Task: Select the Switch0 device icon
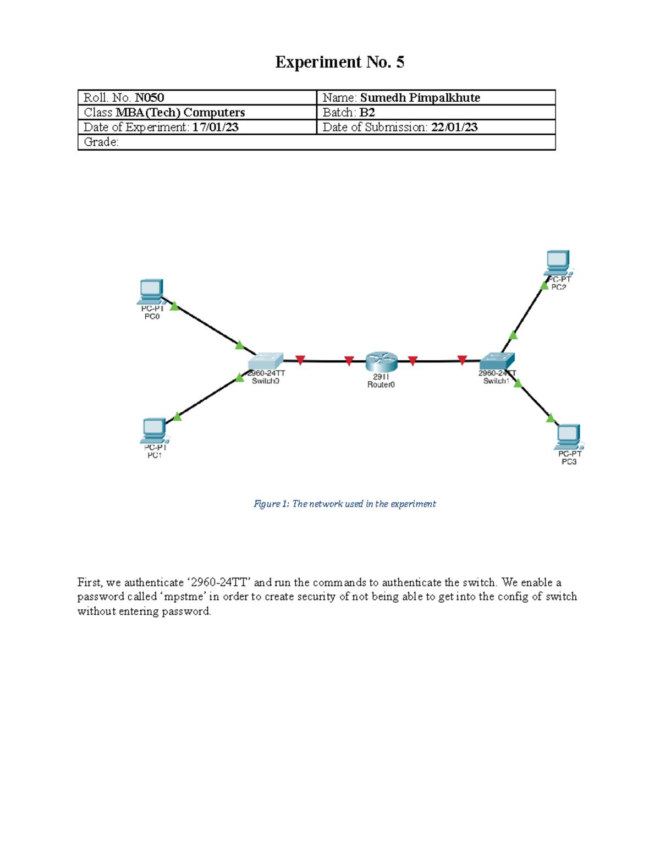coord(266,361)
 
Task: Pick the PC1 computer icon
coord(155,431)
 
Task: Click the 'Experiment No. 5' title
coord(339,62)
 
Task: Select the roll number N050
coord(150,98)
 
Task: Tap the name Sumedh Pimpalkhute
coord(420,98)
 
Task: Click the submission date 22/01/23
coord(454,127)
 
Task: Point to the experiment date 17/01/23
coord(215,127)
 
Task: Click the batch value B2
coord(367,113)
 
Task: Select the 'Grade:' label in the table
coord(101,142)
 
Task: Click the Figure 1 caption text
coord(344,504)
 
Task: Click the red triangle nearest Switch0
coord(300,360)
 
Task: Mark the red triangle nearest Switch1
coord(462,360)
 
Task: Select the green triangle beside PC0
coord(174,306)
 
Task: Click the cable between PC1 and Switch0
coord(208,397)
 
